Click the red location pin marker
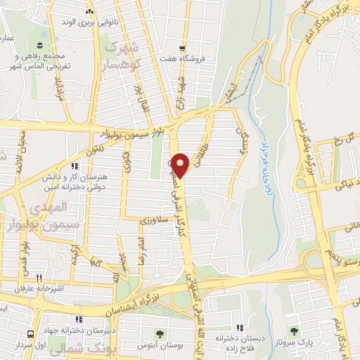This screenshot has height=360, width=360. tap(181, 166)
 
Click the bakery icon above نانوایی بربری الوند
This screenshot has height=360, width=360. tap(89, 12)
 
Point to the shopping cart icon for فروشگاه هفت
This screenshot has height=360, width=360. tap(183, 49)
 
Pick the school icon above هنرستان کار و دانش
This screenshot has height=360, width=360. tap(75, 167)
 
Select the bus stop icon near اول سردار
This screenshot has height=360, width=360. tap(31, 334)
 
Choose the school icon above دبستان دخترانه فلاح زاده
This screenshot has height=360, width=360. tap(240, 328)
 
